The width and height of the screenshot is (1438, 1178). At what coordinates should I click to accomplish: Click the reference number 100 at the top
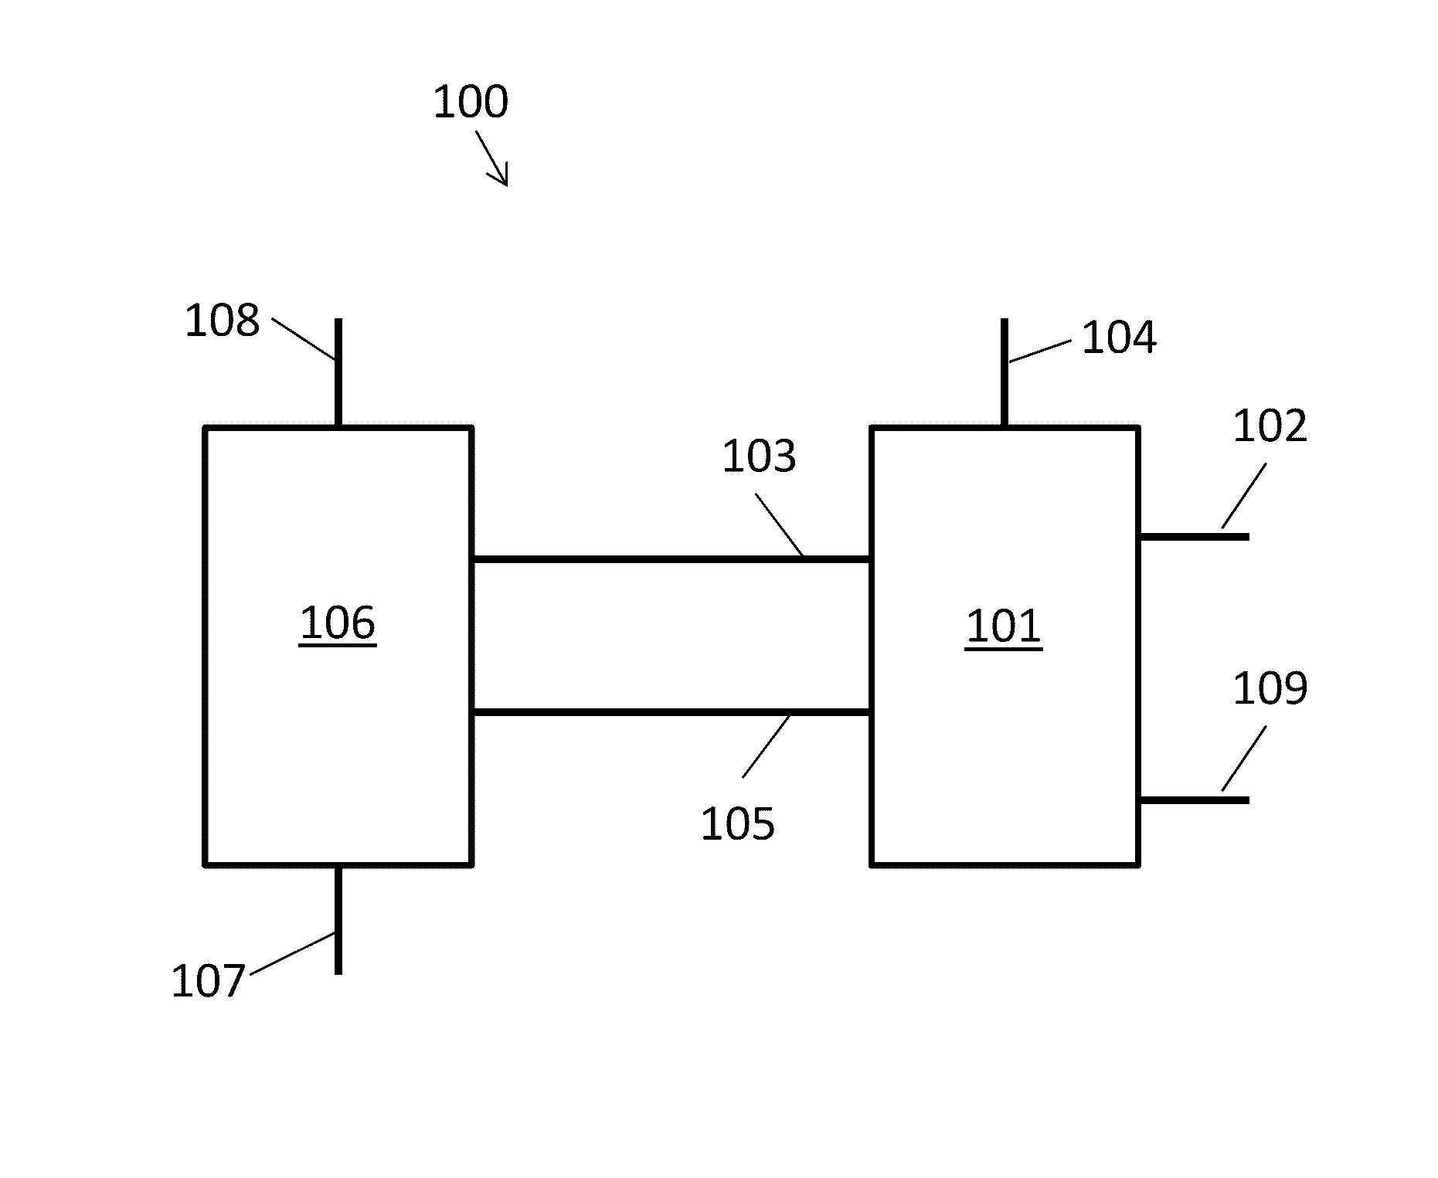(x=470, y=102)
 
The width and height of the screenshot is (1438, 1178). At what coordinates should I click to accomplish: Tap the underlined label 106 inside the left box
(x=338, y=623)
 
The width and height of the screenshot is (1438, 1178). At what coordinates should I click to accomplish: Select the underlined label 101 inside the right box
(x=1003, y=626)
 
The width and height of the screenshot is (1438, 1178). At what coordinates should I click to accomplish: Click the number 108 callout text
(x=222, y=321)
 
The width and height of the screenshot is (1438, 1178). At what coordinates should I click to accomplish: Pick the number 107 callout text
(x=208, y=981)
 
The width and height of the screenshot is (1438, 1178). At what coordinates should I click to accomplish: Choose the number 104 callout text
(x=1118, y=338)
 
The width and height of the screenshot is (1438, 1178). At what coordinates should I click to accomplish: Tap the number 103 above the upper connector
(x=758, y=457)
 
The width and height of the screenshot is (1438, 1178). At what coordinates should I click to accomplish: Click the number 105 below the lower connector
(x=737, y=823)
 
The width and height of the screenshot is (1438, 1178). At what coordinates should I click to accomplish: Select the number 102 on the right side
(x=1269, y=426)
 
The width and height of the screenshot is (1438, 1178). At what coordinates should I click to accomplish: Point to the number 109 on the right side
(x=1270, y=688)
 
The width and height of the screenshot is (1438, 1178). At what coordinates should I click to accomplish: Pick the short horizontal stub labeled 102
(x=1194, y=536)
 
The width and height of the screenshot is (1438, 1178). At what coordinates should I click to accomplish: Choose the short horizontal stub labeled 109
(x=1194, y=800)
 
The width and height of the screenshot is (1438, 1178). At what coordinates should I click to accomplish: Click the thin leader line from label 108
(x=303, y=338)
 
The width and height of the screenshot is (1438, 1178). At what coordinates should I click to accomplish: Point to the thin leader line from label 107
(x=293, y=954)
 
